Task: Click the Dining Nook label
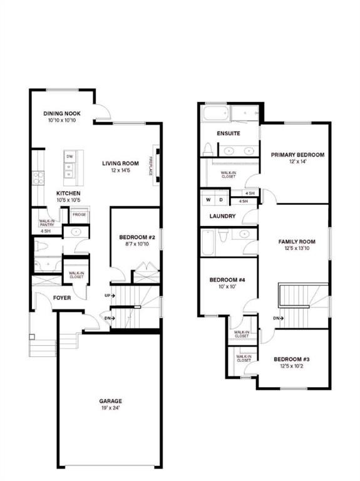pyautogui.click(x=62, y=113)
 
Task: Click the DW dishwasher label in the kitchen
pyautogui.click(x=70, y=156)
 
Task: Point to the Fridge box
pyautogui.click(x=79, y=215)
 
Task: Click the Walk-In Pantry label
pyautogui.click(x=46, y=222)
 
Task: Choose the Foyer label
pyautogui.click(x=61, y=297)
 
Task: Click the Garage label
pyautogui.click(x=110, y=401)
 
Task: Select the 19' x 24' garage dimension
pyautogui.click(x=110, y=408)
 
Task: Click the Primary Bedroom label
pyautogui.click(x=297, y=155)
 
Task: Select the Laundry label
pyautogui.click(x=222, y=217)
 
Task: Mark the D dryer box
pyautogui.click(x=220, y=200)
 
